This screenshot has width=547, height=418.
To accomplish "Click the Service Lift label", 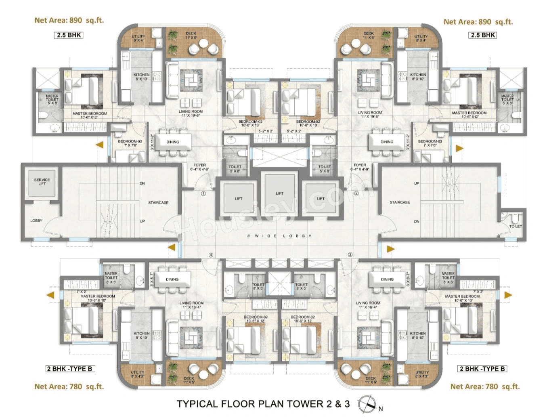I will pos(42,182).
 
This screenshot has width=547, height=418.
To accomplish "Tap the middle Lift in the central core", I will pos(279,193).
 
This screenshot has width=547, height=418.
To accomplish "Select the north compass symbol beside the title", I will pos(367,404).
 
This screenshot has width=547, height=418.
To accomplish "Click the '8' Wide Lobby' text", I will pos(279,236).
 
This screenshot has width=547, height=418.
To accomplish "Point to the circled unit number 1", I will pos(203,193).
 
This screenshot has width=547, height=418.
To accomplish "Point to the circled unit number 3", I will pos(350,254).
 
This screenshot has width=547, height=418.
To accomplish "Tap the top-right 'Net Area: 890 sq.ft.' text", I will pos(478,22).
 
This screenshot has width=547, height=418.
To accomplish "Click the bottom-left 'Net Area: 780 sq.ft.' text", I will pos(69,386).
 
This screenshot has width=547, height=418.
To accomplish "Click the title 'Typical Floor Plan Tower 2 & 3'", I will pos(263,403).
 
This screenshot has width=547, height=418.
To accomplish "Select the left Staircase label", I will pos(158,202).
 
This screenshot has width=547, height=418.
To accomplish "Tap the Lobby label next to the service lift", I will pos(36,221).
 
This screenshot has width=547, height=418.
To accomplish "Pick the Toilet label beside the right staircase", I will pos(515,226).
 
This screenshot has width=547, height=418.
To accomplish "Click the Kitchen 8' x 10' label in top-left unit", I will pos(142,77).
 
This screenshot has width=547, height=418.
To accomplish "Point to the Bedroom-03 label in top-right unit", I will pos(430,143).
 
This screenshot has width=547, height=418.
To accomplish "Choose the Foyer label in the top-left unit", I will pos(199,167).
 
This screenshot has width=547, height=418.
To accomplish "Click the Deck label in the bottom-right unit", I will pos(370,380).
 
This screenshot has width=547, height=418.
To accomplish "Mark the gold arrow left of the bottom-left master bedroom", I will pos(50,295).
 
